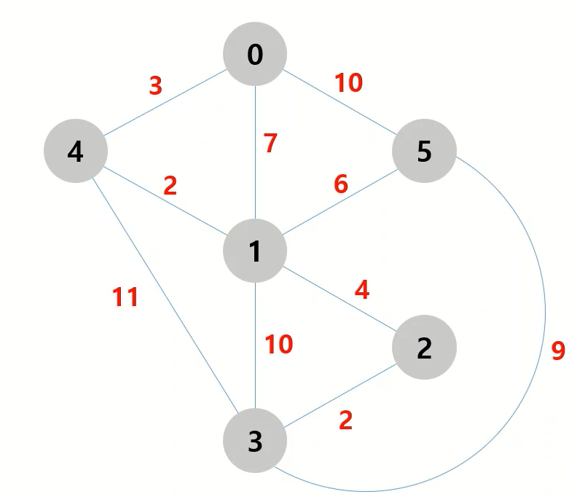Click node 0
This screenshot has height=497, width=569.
click(x=255, y=54)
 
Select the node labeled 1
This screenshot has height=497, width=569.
click(x=255, y=251)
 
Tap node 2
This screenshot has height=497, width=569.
click(x=424, y=348)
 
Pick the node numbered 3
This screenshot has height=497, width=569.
click(x=255, y=442)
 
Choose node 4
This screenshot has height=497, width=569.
click(x=75, y=152)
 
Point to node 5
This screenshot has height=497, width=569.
click(x=424, y=152)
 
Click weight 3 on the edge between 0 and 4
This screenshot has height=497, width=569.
click(x=155, y=86)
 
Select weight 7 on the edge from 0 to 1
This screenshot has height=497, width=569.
click(x=270, y=144)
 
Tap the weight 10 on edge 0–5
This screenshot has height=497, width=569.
click(x=348, y=83)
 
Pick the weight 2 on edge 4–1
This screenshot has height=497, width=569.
click(x=170, y=186)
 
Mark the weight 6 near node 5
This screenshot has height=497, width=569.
click(x=340, y=184)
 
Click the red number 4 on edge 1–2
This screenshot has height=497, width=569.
click(x=361, y=290)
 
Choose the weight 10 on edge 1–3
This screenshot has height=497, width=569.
click(x=278, y=343)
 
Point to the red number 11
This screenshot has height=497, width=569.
click(x=125, y=297)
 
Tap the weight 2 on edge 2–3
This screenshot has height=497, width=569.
click(x=345, y=420)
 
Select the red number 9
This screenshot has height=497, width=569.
click(x=558, y=351)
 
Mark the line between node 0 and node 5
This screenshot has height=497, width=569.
click(x=340, y=103)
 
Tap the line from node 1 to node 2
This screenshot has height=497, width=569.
click(x=340, y=300)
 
